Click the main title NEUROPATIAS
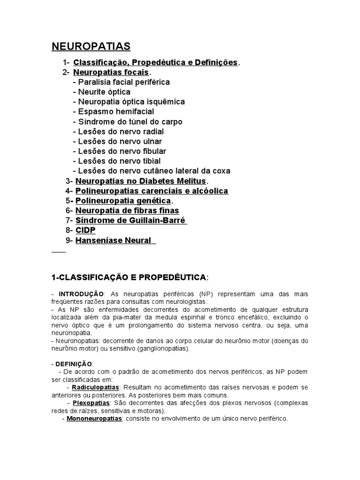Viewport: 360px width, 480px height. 91,46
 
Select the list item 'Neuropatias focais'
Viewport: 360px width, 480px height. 111,72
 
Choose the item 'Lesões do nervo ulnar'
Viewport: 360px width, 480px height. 120,141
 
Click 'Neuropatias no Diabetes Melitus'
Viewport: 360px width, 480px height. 141,181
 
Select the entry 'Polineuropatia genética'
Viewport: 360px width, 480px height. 123,201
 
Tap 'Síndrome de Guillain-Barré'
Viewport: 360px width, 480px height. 130,220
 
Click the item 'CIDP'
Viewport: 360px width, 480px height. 85,230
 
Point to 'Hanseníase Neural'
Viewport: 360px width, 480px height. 113,240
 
